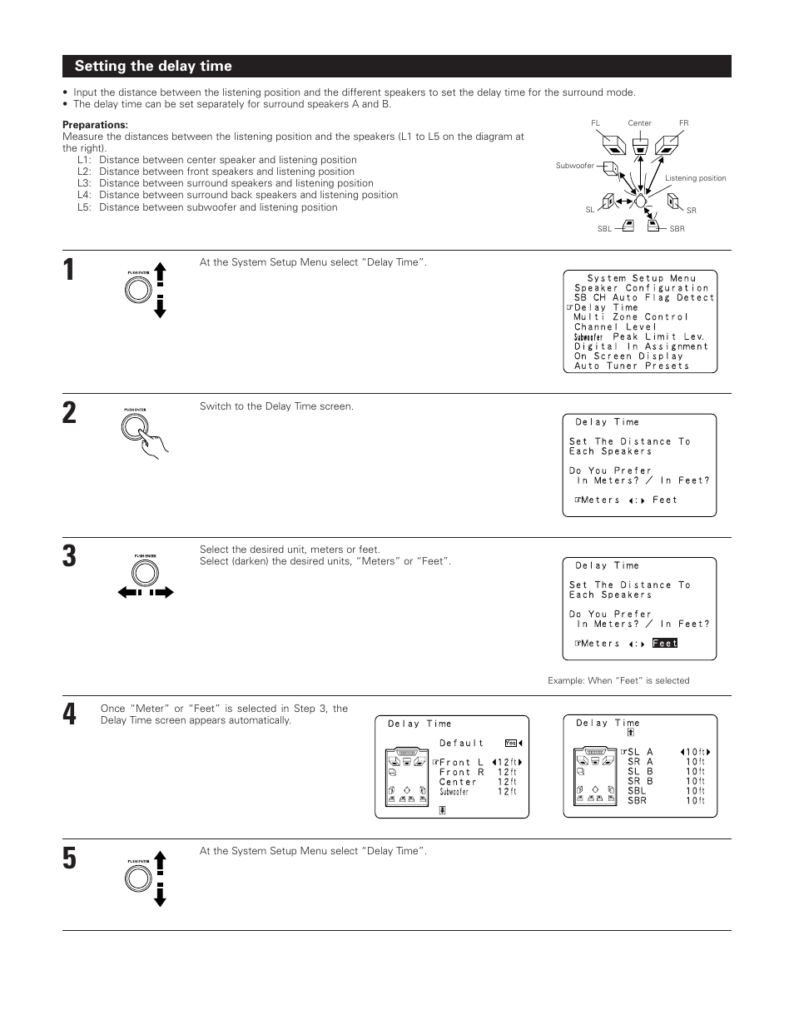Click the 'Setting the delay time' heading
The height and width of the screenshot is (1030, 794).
(x=153, y=67)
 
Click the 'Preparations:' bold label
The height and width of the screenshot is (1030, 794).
(x=95, y=125)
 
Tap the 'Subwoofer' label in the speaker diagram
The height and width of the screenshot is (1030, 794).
(x=574, y=166)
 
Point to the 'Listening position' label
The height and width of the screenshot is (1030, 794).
(x=695, y=178)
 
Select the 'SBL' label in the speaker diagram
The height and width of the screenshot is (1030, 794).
(x=604, y=229)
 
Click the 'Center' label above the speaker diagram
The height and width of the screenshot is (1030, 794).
(x=639, y=123)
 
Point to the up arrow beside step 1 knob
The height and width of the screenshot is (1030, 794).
(x=160, y=273)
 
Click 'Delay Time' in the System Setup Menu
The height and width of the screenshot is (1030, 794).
(x=605, y=307)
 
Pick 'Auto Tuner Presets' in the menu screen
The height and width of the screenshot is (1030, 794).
(x=631, y=366)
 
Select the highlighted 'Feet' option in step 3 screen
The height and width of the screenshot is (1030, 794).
(x=665, y=644)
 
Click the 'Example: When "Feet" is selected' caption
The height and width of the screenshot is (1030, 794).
(x=618, y=680)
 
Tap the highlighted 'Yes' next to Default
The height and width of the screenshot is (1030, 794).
(x=510, y=744)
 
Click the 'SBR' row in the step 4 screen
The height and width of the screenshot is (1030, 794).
(x=637, y=801)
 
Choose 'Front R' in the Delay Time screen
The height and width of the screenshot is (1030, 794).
(x=461, y=773)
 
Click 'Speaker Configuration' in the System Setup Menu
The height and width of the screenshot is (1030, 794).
(x=641, y=288)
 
